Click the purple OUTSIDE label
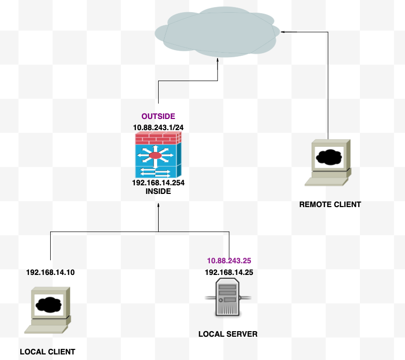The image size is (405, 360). pyautogui.click(x=158, y=116)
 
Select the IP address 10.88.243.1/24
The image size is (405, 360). pyautogui.click(x=158, y=127)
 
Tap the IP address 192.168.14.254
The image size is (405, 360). pyautogui.click(x=158, y=183)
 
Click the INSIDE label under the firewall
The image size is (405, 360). pyautogui.click(x=158, y=192)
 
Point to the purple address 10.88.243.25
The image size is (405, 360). pyautogui.click(x=229, y=261)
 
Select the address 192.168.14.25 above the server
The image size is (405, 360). pyautogui.click(x=229, y=272)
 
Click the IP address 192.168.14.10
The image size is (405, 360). pyautogui.click(x=51, y=272)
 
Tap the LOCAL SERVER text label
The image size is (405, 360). pyautogui.click(x=228, y=334)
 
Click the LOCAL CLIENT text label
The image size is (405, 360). pyautogui.click(x=47, y=352)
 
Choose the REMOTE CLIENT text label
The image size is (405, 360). pyautogui.click(x=330, y=205)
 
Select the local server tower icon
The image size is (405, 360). pyautogui.click(x=228, y=299)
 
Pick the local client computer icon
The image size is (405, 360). pyautogui.click(x=48, y=310)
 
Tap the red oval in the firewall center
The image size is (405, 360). pyautogui.click(x=155, y=155)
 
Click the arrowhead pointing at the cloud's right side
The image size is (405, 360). pyautogui.click(x=283, y=32)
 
